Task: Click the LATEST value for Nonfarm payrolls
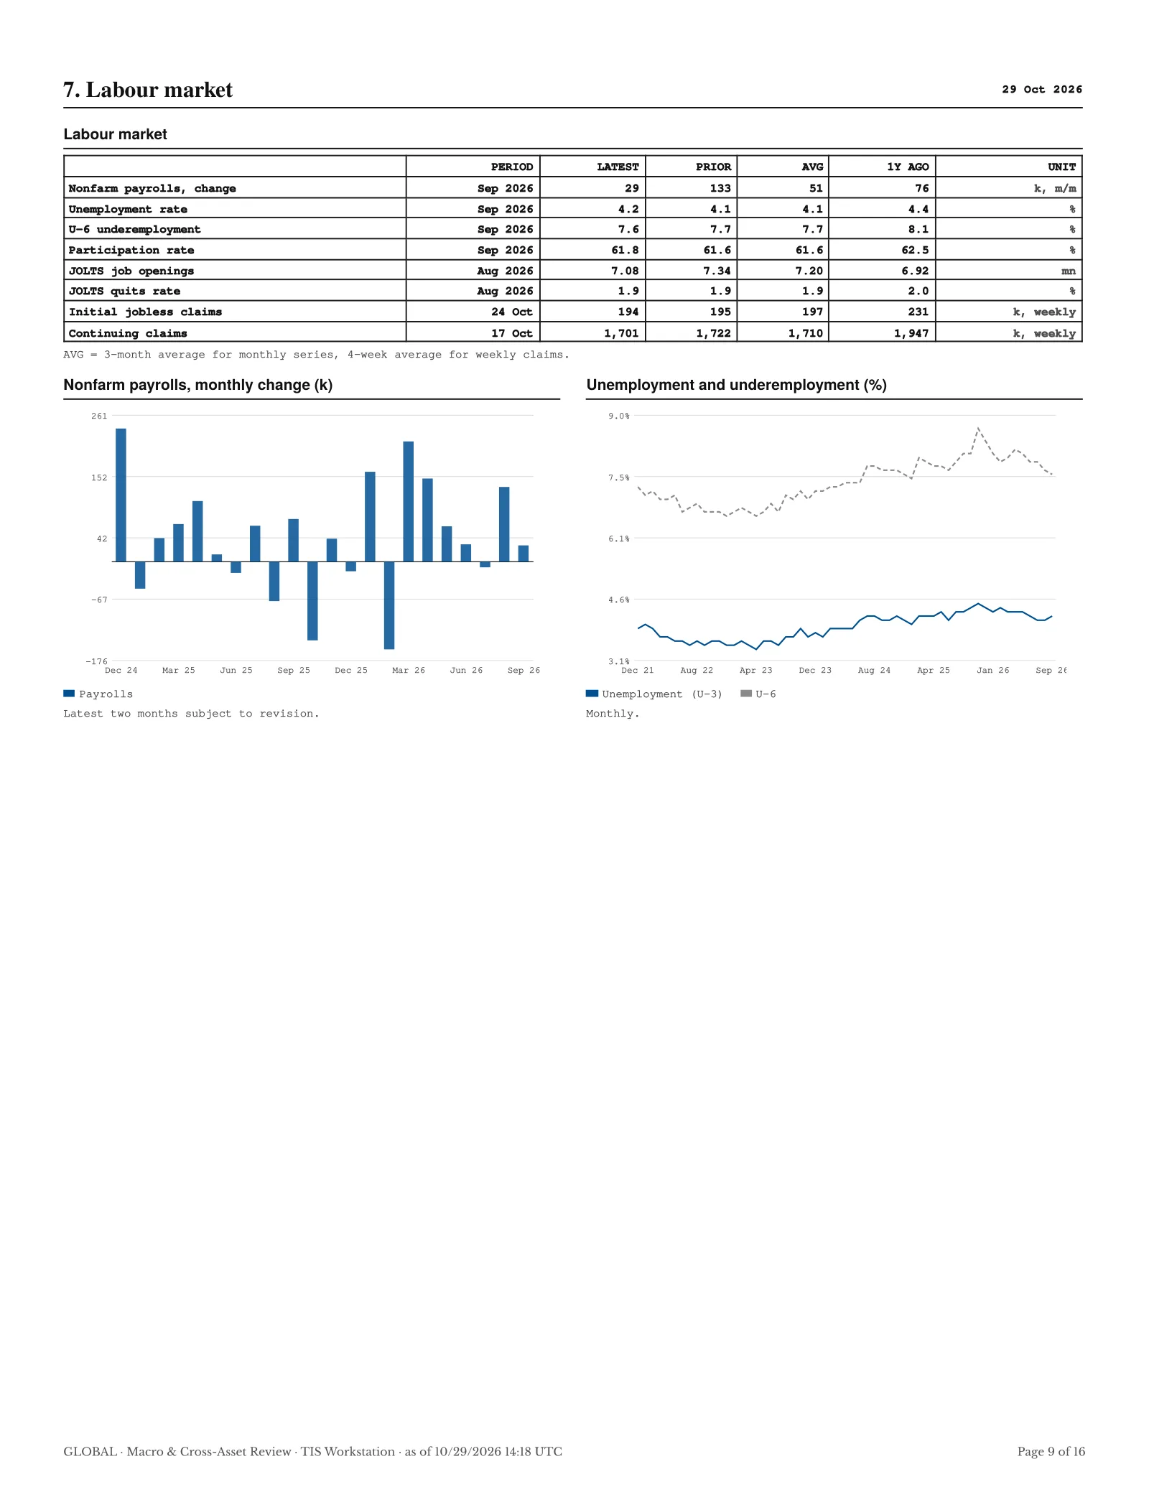click(631, 188)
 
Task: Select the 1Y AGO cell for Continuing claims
click(911, 333)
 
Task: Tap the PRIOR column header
click(713, 167)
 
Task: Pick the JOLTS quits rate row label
click(124, 291)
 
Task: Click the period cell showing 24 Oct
click(512, 312)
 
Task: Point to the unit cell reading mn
click(1069, 271)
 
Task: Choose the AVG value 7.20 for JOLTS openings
click(809, 271)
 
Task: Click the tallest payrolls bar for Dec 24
click(121, 495)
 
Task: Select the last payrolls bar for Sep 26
click(524, 554)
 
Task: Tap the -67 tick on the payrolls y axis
click(99, 600)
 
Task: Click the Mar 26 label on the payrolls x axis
click(409, 670)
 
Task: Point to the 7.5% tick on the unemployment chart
click(619, 477)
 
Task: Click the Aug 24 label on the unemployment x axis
click(874, 670)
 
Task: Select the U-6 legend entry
click(758, 694)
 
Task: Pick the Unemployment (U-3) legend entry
click(654, 694)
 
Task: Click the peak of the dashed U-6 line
click(978, 429)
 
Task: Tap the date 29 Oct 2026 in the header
click(1042, 89)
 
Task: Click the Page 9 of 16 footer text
click(1051, 1451)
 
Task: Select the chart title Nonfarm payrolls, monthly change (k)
click(198, 385)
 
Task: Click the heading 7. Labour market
click(148, 90)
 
